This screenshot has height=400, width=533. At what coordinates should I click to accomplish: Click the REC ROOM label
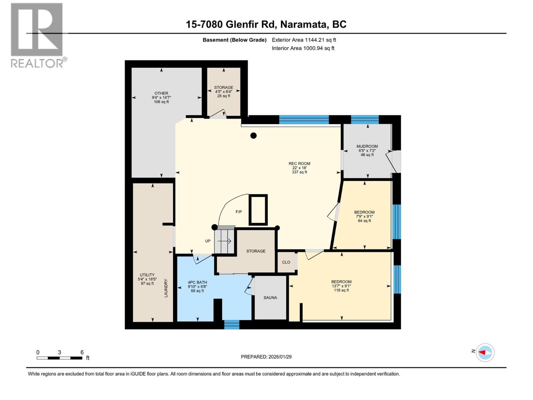[299, 164]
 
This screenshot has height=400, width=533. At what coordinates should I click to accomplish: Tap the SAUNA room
[270, 298]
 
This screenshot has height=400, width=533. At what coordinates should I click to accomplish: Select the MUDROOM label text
[367, 146]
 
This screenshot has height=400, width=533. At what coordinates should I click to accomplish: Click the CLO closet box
[286, 262]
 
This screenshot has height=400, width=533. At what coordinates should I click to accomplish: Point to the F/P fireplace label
[239, 212]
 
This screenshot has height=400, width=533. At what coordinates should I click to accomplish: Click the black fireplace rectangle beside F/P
[258, 210]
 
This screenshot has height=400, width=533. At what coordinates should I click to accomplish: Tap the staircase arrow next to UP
[225, 241]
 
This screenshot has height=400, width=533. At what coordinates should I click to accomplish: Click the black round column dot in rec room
[254, 135]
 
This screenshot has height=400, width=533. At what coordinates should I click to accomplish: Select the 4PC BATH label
[197, 282]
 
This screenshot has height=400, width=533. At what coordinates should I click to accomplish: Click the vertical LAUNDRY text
[166, 288]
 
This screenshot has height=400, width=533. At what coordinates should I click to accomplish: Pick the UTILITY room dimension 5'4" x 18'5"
[147, 279]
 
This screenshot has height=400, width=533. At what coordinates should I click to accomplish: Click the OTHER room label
[161, 93]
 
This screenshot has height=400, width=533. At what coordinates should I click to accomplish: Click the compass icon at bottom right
[485, 352]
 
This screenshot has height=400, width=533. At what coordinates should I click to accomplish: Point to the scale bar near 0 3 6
[60, 358]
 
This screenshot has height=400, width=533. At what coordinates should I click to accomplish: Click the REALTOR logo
[37, 35]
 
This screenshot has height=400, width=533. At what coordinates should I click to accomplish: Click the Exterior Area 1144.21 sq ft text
[304, 40]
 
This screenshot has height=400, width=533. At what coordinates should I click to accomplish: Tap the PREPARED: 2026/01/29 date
[266, 357]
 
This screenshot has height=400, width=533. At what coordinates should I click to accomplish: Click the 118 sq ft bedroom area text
[341, 290]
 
